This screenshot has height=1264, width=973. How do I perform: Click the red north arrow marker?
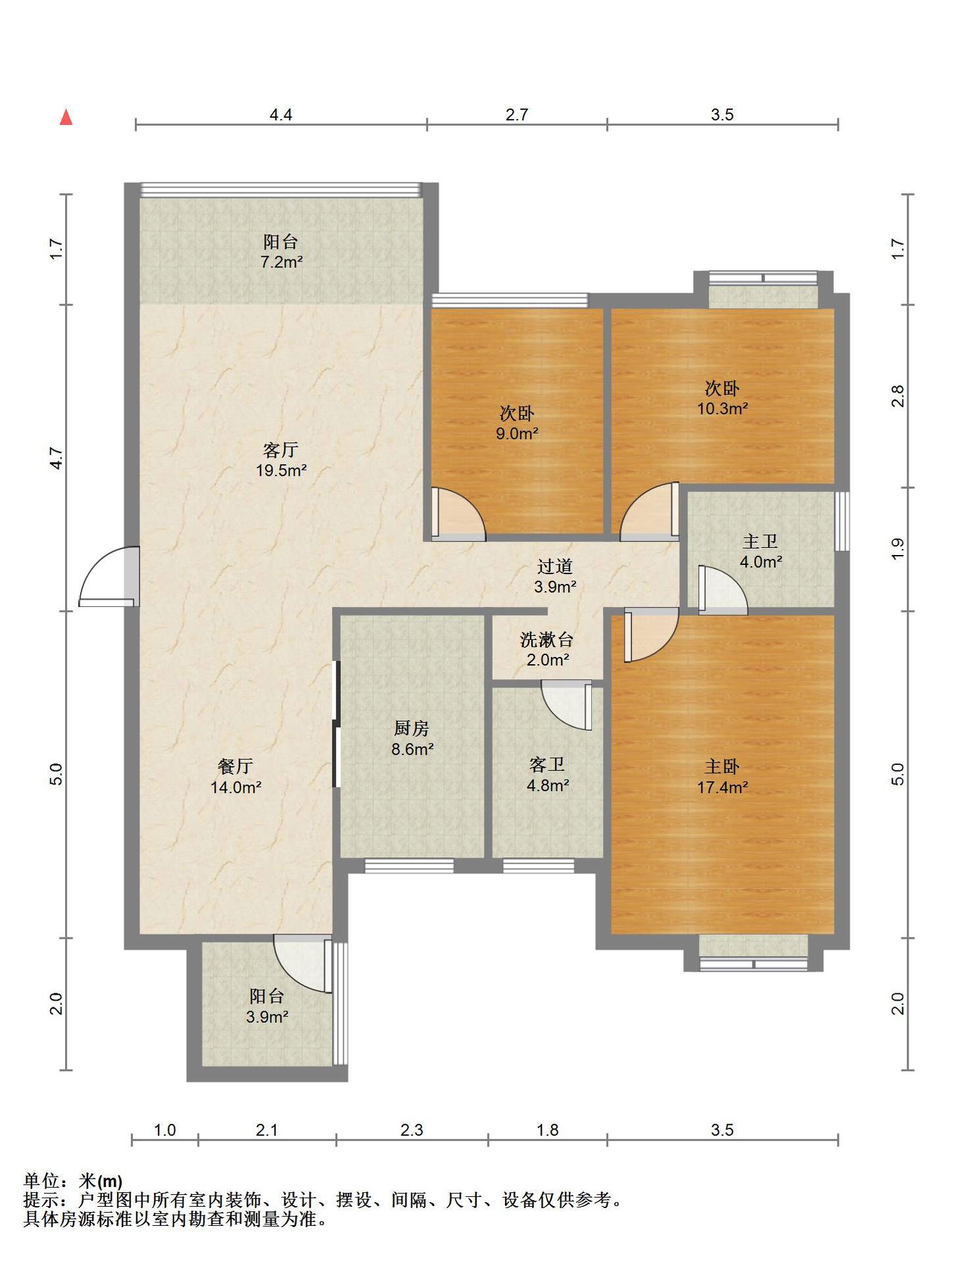click(66, 117)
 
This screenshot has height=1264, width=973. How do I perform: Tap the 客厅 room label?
click(281, 450)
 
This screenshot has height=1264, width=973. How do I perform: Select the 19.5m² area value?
click(281, 471)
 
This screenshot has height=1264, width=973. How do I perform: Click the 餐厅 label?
click(235, 766)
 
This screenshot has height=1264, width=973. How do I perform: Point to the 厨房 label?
click(412, 728)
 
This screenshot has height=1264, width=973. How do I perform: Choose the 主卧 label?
click(722, 766)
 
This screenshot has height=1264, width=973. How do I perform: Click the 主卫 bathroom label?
click(760, 541)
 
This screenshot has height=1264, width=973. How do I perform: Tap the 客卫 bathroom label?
click(547, 764)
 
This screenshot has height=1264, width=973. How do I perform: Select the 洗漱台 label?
click(547, 639)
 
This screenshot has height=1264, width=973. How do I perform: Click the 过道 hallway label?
click(555, 566)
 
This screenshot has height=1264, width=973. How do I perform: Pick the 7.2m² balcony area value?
click(281, 262)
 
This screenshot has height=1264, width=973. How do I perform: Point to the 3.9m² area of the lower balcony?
click(267, 1017)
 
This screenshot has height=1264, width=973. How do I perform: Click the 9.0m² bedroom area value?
click(517, 434)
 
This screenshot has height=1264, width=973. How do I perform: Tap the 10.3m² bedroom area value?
click(722, 408)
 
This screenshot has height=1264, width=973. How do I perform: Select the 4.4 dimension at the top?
click(280, 115)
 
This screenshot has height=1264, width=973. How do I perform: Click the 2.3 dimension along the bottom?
click(411, 1130)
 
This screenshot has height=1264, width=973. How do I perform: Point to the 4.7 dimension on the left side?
click(57, 458)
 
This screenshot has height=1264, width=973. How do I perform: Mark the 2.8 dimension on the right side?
click(898, 396)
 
